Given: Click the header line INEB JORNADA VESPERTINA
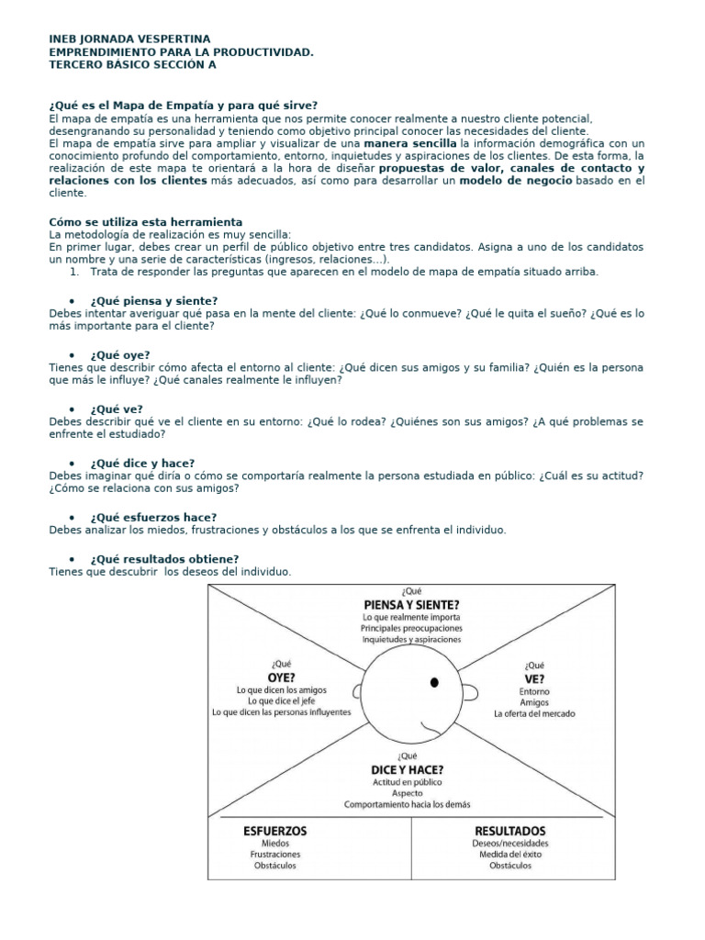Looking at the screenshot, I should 129,39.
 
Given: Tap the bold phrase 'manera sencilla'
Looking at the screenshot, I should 409,143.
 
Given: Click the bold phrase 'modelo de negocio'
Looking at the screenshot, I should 516,182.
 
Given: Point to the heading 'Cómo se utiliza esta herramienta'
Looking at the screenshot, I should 145,222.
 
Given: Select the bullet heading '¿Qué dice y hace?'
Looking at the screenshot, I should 141,463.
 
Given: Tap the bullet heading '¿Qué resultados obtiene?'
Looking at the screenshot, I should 164,559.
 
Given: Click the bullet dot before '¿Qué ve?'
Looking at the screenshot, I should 72,408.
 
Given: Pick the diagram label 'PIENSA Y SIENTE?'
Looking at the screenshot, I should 411,604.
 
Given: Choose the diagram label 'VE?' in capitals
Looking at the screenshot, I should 534,678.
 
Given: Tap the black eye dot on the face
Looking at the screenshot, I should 434,681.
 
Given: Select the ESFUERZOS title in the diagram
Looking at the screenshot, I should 276,830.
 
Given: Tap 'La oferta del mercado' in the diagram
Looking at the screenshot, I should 534,713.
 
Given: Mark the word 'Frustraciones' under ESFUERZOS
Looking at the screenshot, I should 276,854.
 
